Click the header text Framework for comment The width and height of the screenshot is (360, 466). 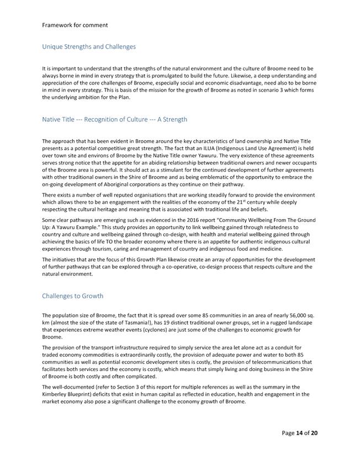[x=75, y=25]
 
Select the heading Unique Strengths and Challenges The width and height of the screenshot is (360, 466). [x=89, y=46]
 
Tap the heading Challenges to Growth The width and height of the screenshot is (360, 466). [x=72, y=296]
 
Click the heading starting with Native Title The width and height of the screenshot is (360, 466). [x=114, y=119]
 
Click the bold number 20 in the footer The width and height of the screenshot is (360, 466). [x=314, y=433]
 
